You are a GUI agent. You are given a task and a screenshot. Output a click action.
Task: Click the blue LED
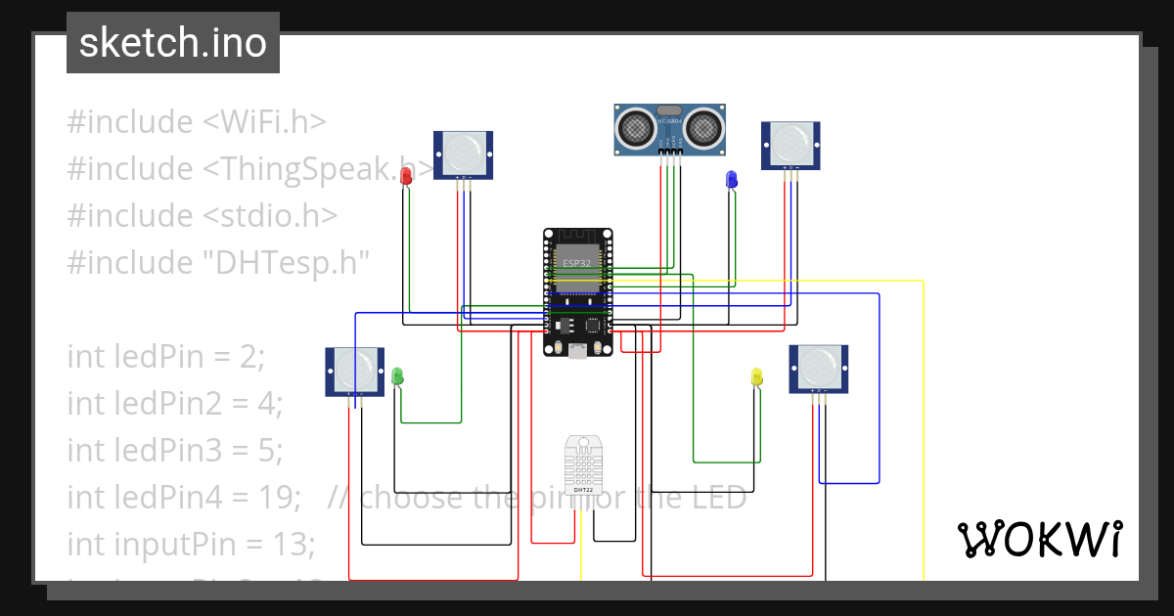(x=731, y=179)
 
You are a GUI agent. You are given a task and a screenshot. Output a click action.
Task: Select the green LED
(x=397, y=375)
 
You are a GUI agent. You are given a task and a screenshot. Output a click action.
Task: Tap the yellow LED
(x=756, y=376)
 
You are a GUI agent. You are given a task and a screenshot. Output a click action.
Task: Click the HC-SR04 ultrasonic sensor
(x=670, y=128)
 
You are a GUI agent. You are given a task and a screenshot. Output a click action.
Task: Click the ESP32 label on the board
(x=576, y=263)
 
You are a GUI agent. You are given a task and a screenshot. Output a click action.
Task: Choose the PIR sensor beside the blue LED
(x=790, y=145)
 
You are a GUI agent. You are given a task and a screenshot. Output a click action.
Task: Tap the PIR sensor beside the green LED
(x=354, y=371)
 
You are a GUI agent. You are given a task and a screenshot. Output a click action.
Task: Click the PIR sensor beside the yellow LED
(x=819, y=369)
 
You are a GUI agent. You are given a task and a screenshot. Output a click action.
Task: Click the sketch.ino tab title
(x=173, y=43)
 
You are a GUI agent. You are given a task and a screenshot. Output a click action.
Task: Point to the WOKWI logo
(x=1039, y=539)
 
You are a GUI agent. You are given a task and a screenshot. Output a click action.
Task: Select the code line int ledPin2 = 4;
(x=174, y=403)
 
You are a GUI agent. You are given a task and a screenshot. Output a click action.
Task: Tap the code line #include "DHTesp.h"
(x=219, y=262)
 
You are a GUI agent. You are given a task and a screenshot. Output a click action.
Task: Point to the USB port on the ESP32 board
(x=578, y=350)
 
